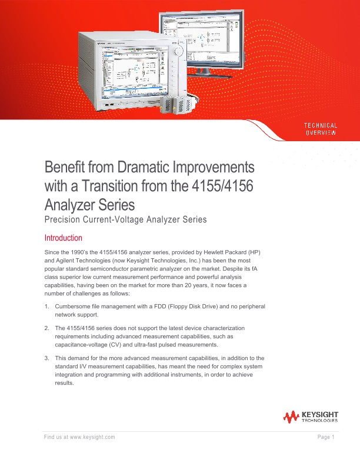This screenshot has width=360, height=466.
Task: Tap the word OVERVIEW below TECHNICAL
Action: coord(320,133)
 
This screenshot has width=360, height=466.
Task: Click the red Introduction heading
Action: coord(64,238)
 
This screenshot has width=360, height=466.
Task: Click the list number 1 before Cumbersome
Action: coord(47,307)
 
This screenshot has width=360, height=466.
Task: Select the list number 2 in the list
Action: coord(47,327)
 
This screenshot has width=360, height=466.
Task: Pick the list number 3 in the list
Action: coord(47,358)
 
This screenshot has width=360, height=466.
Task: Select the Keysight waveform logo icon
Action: coord(291,417)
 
